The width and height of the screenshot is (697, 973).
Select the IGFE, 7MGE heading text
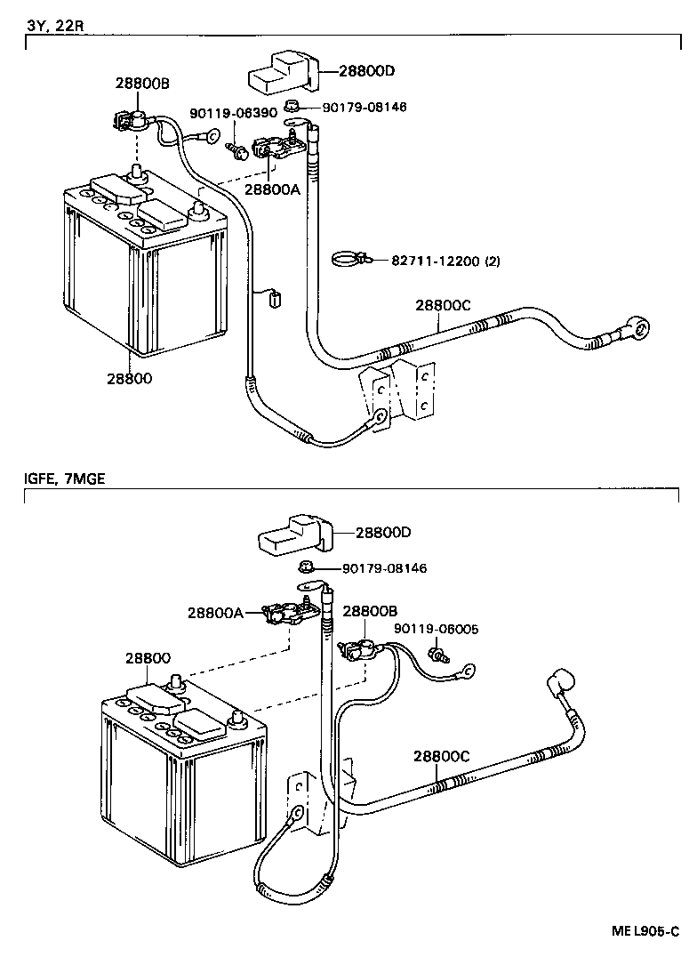coord(64,478)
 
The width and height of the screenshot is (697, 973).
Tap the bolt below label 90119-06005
coord(437,656)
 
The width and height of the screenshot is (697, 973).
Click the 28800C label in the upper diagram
coord(442,304)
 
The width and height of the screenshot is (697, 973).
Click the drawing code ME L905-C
coord(645,931)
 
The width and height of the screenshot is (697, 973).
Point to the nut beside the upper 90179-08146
coord(291,108)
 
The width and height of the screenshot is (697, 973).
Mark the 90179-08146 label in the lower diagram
coord(384,567)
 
